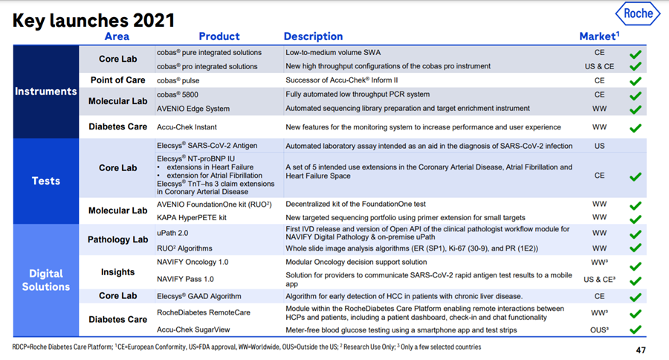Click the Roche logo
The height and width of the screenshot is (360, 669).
638,13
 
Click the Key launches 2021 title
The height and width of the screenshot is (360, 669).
94,19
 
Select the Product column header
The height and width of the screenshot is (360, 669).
219,36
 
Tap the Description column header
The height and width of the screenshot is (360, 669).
313,36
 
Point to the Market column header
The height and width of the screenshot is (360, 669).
599,36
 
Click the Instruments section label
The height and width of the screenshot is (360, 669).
46,91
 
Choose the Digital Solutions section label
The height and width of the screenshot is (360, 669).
46,280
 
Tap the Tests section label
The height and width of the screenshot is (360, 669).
46,181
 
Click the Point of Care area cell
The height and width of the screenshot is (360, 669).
118,80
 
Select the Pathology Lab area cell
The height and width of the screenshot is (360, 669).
118,240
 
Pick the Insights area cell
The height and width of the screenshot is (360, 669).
118,272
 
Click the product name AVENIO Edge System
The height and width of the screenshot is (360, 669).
193,109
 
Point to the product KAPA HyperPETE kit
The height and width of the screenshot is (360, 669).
192,218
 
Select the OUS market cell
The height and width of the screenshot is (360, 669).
600,330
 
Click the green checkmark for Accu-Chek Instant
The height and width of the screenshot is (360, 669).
635,128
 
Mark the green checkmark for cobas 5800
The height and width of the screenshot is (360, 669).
635,95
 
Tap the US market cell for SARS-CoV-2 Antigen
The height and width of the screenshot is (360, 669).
599,147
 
